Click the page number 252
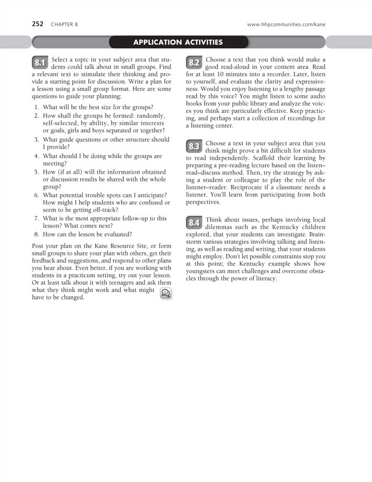pyautogui.click(x=38, y=24)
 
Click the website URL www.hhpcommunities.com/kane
pyautogui.click(x=286, y=25)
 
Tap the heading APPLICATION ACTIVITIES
pyautogui.click(x=178, y=42)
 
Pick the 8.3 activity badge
pyautogui.click(x=194, y=147)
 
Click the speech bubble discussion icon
pyautogui.click(x=165, y=293)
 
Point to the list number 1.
pyautogui.click(x=36, y=108)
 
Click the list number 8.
pyautogui.click(x=36, y=235)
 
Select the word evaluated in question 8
pyautogui.click(x=118, y=235)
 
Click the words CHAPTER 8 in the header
pyautogui.click(x=64, y=25)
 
